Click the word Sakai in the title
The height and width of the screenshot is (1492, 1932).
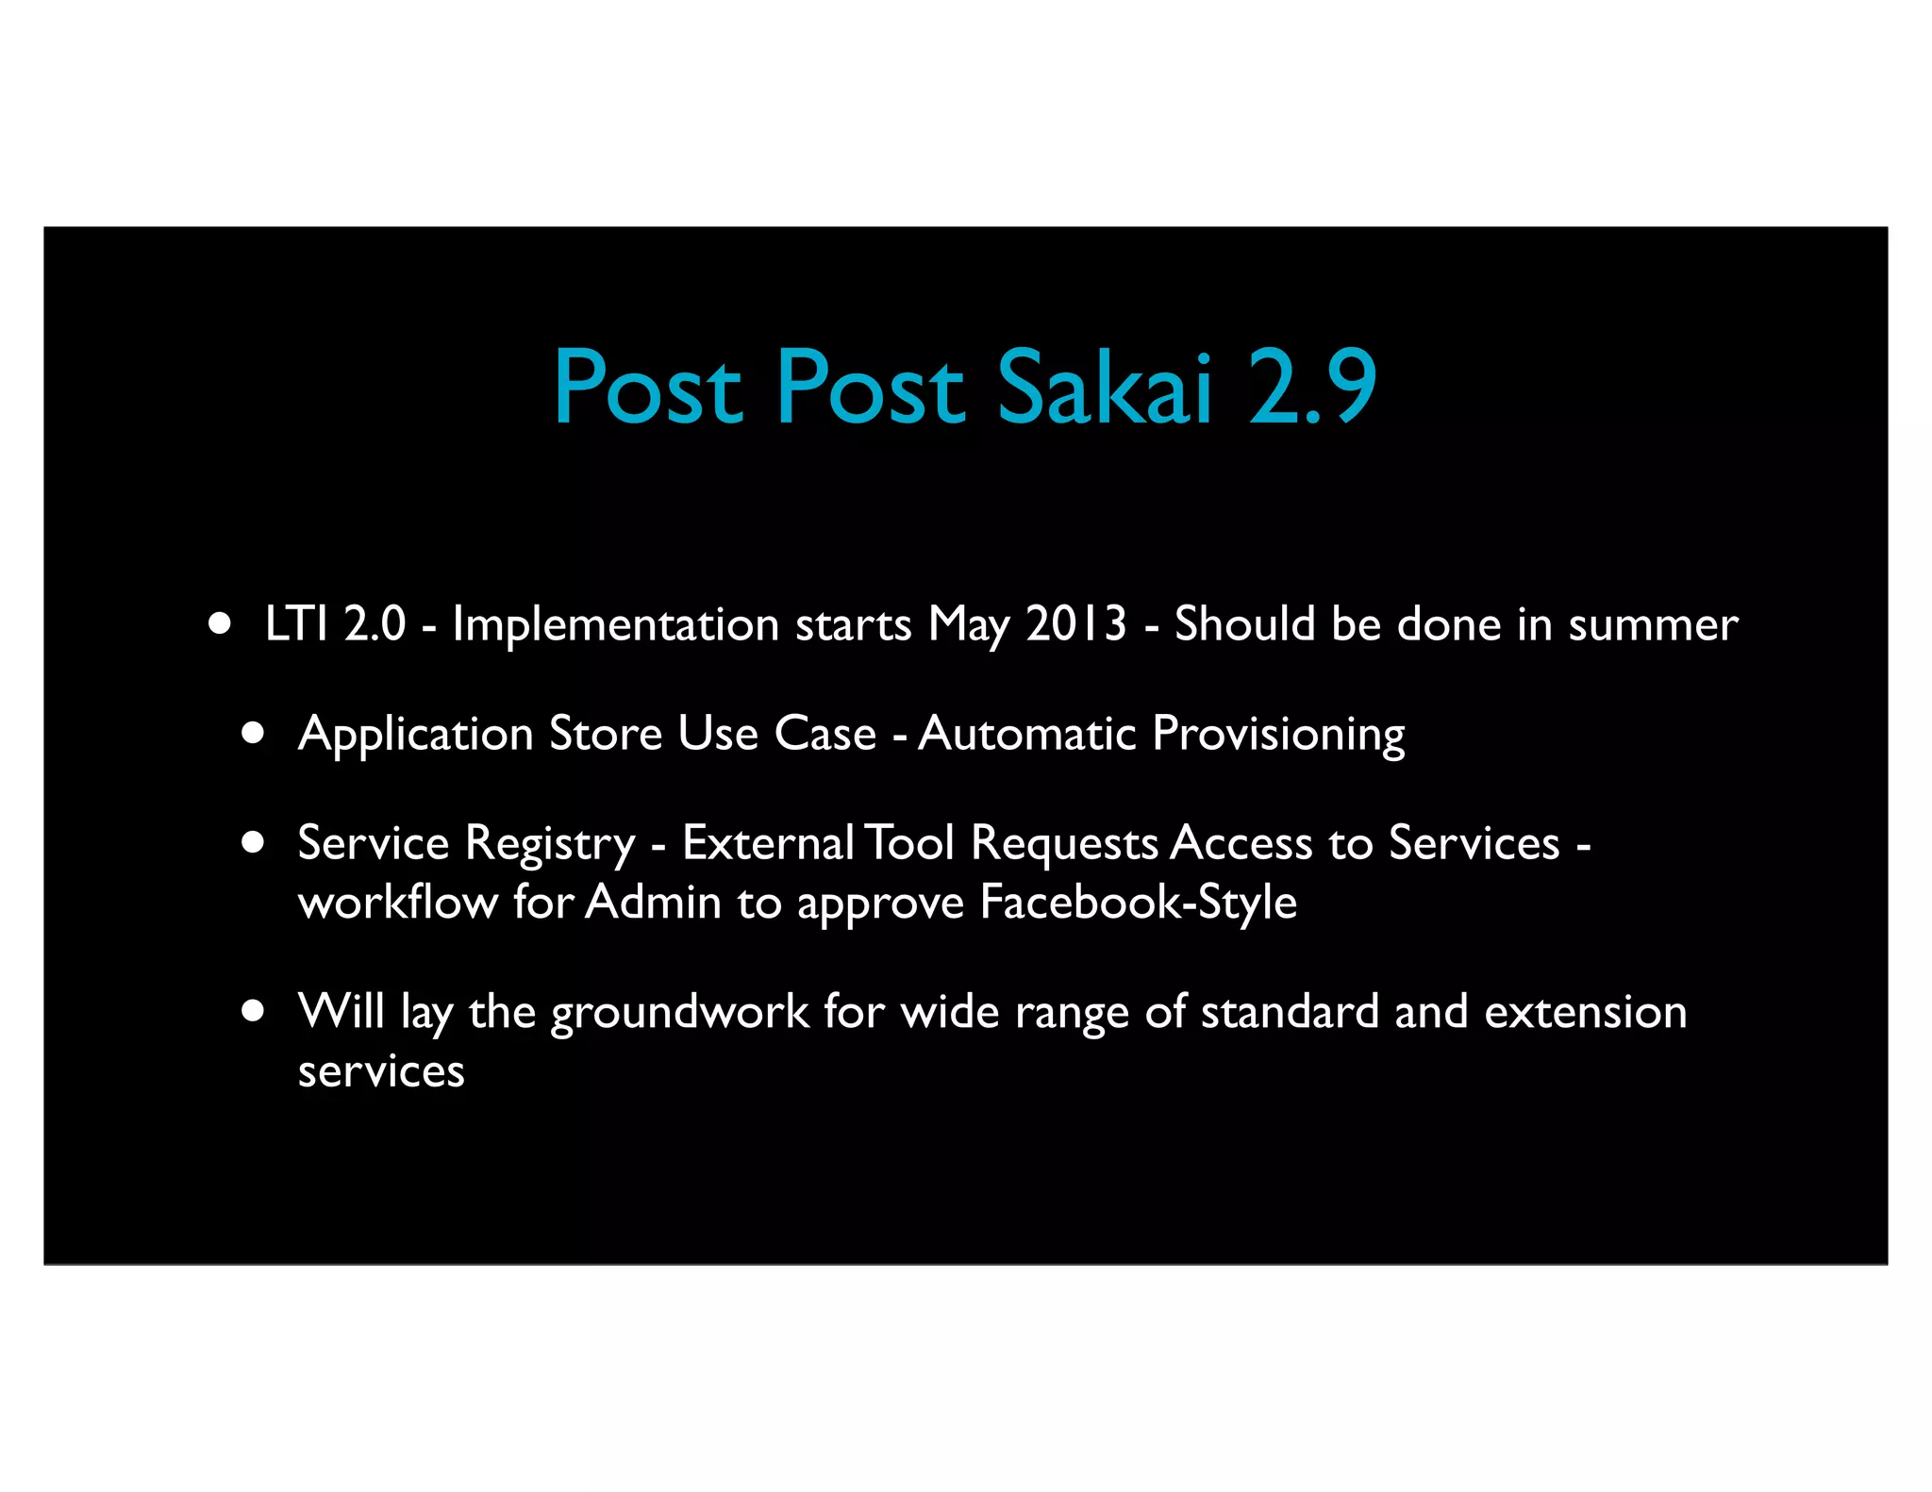(1104, 388)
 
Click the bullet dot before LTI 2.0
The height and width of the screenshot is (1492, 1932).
(220, 623)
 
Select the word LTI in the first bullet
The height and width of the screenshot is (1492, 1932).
(296, 624)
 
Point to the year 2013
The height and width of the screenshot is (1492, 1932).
(1076, 624)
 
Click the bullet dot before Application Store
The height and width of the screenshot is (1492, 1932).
(252, 733)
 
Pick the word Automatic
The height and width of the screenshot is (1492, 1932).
(1027, 734)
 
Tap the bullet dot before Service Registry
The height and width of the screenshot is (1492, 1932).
(252, 842)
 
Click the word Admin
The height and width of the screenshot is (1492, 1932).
(653, 903)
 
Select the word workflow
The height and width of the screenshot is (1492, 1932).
(397, 903)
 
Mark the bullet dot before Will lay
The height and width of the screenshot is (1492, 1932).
(252, 1011)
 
